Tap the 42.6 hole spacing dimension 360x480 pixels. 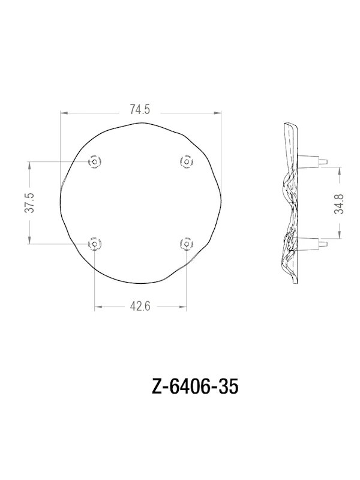pyautogui.click(x=140, y=307)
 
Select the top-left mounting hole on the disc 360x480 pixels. pyautogui.click(x=95, y=161)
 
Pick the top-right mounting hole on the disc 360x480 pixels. pyautogui.click(x=187, y=161)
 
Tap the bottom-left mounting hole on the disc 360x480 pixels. pyautogui.click(x=95, y=244)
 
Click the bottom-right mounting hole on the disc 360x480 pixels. pyautogui.click(x=187, y=244)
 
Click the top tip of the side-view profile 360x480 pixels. pyautogui.click(x=287, y=124)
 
